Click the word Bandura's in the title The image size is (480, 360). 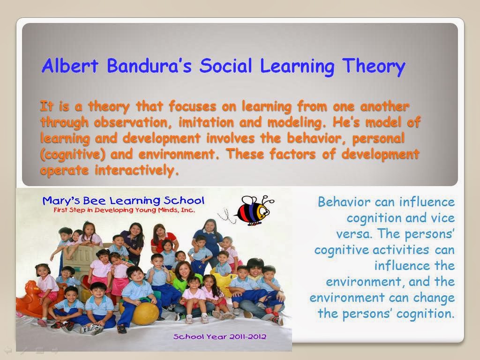click(x=150, y=66)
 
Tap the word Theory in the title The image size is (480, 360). click(x=374, y=67)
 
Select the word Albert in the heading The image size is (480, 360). click(x=70, y=66)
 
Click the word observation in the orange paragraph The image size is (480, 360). click(x=131, y=122)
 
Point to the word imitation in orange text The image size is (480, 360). click(x=206, y=122)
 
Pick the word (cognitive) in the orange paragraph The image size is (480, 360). click(x=73, y=154)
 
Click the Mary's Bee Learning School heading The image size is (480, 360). click(x=123, y=201)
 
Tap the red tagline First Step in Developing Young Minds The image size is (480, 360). click(x=124, y=210)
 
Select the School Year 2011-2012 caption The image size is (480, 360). click(x=219, y=337)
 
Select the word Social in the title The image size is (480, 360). click(x=226, y=66)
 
